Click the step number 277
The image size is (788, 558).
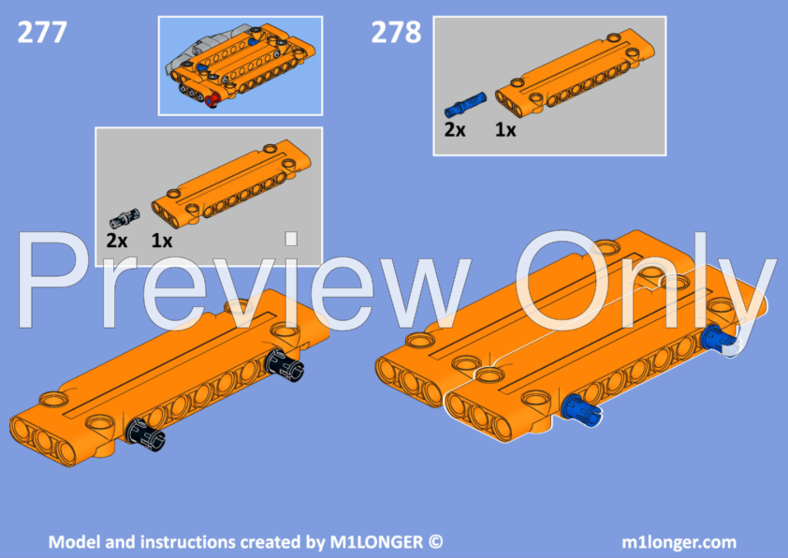42,33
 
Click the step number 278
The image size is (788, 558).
396,33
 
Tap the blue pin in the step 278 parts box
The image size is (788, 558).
468,101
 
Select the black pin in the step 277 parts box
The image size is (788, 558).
123,218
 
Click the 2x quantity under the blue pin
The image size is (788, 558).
455,130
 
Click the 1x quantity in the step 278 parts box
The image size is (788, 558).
505,130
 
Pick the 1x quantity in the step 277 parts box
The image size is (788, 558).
162,241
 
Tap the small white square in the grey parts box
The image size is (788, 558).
291,239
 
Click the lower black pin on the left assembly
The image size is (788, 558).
147,432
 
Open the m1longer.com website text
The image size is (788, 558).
679,542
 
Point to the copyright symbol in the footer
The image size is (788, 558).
435,542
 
